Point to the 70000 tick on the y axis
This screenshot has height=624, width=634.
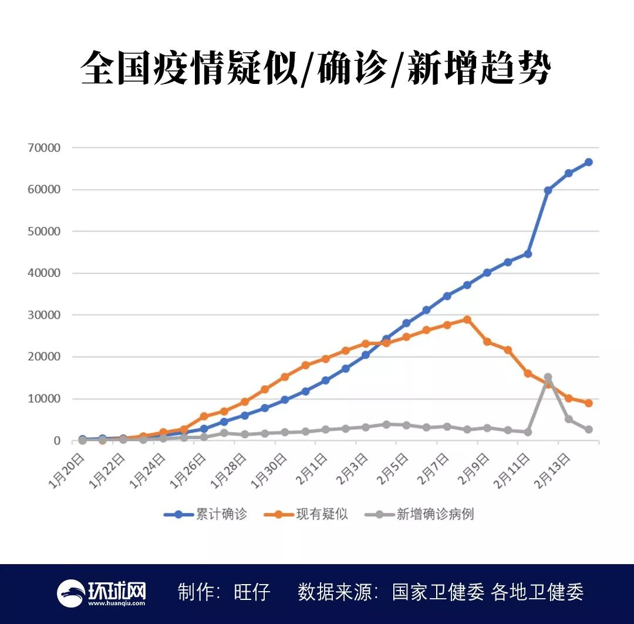click(x=43, y=148)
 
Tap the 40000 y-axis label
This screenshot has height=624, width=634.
click(x=43, y=273)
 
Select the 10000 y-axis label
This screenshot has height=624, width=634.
click(x=43, y=399)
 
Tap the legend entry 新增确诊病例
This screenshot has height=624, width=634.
click(x=435, y=514)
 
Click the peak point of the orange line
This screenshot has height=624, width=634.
click(x=467, y=319)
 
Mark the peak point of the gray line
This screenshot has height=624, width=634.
click(x=548, y=377)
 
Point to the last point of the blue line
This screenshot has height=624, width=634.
click(x=588, y=162)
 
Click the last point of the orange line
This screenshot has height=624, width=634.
click(x=588, y=403)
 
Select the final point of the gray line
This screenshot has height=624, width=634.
click(x=588, y=430)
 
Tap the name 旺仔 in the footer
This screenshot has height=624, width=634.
click(x=252, y=592)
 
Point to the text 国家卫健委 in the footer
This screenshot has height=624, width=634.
click(x=438, y=592)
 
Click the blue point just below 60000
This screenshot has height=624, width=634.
click(x=548, y=190)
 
